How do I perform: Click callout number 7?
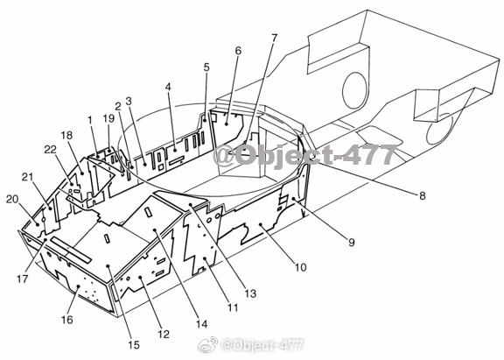pos(274,38)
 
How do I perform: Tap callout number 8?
pos(422,195)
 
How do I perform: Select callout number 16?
pos(67,320)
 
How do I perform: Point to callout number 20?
pos(12,200)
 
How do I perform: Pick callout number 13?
pos(250,293)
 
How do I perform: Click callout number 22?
pos(50,149)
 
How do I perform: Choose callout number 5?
pos(206,67)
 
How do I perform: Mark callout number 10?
pos(300,267)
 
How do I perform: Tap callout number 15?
pos(134,345)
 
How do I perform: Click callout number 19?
pos(108,118)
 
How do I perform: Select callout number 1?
pos(90,120)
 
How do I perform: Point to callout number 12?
pos(164,334)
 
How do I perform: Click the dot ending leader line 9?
pos(293,199)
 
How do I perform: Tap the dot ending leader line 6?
pos(227,124)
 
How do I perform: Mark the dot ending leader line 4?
pos(175,150)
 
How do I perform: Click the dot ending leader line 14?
pos(155,230)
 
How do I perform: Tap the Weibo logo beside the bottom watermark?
pos(207,345)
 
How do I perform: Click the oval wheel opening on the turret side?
pos(355,91)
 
